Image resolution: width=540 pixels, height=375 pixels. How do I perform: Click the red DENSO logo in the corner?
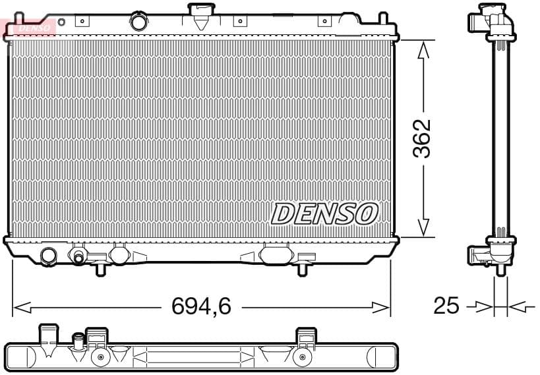tap(29, 27)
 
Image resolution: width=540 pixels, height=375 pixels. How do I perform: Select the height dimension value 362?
tap(421, 138)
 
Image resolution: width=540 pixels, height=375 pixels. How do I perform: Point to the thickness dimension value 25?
tap(446, 306)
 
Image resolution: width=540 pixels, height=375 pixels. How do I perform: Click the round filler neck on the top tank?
tap(139, 21)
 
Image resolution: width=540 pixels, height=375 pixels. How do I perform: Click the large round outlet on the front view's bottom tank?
tap(49, 256)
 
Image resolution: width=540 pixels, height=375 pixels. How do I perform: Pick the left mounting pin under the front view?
tap(100, 268)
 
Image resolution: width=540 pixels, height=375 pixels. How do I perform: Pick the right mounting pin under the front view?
tap(302, 268)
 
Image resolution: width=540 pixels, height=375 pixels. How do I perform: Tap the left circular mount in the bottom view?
tap(100, 358)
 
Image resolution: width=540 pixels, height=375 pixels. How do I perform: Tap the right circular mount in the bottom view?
tap(303, 358)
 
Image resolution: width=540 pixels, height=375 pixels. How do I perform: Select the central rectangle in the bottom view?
tap(194, 357)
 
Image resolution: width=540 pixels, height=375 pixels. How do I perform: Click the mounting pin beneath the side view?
tap(500, 269)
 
